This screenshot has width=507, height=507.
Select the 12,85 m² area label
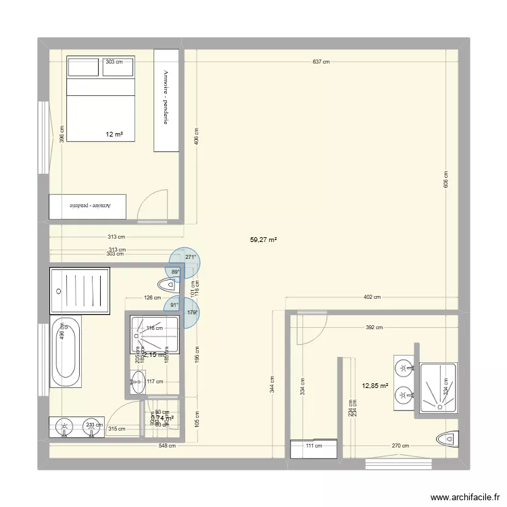[x=375, y=386]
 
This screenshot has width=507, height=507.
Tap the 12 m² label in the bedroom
[x=114, y=135]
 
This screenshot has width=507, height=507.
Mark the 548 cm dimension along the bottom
[x=167, y=445]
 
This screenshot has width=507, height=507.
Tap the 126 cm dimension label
[x=152, y=297]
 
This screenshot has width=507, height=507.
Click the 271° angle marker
[x=191, y=257]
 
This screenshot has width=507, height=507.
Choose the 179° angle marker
[x=191, y=312]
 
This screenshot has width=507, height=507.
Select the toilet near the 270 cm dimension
[x=448, y=439]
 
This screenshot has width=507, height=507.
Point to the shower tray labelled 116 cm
[x=155, y=334]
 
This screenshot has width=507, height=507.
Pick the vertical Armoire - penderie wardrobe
[x=166, y=100]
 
